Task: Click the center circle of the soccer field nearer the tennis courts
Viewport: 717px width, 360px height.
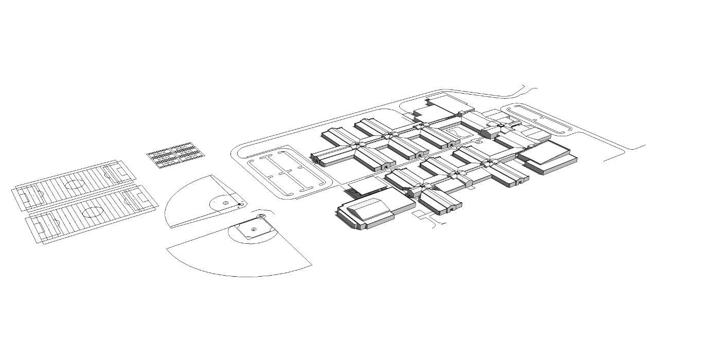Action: click(74, 184)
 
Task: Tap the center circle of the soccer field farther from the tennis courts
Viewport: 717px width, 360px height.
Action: click(93, 211)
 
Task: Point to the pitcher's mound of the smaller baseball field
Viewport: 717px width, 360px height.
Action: click(225, 203)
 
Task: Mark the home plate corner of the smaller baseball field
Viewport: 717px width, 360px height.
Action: click(240, 205)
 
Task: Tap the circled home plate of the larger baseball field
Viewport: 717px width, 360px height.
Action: click(261, 217)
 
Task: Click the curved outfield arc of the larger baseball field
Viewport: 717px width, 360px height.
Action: click(231, 273)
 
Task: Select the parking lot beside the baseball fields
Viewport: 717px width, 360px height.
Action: click(288, 172)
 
